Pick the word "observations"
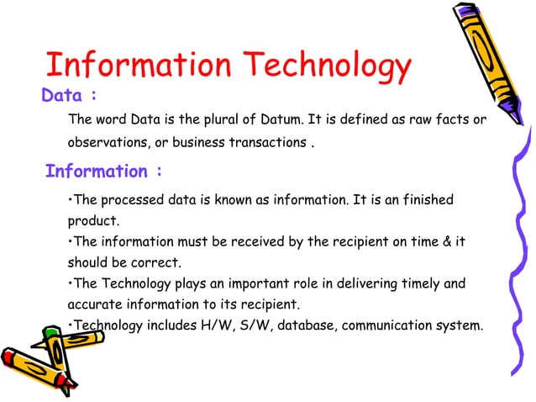point(103,142)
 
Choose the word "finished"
point(428,200)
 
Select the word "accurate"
point(93,304)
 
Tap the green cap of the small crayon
point(52,334)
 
